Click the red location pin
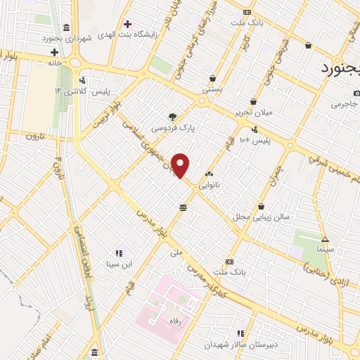coord(181,166)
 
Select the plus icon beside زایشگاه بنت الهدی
coord(127,25)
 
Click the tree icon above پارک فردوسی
coord(173,116)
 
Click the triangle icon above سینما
coord(325,238)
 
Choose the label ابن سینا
coord(117,265)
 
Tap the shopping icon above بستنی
coord(212,78)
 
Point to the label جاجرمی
coord(345,104)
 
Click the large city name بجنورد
coord(340,69)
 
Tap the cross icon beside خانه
coord(54,52)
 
